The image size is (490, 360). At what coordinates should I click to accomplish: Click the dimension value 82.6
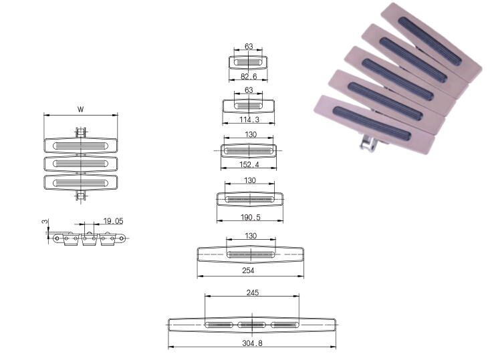(249, 77)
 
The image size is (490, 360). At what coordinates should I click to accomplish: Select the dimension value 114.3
(249, 120)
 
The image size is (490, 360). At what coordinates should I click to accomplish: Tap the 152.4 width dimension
(249, 164)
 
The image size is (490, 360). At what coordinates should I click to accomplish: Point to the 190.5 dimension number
(250, 217)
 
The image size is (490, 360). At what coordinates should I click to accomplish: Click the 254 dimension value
(248, 271)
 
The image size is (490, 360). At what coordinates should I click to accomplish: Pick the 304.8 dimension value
(252, 343)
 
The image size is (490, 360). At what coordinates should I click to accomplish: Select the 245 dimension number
(253, 293)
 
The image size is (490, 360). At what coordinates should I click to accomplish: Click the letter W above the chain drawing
(81, 110)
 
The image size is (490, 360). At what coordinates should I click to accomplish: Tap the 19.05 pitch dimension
(113, 221)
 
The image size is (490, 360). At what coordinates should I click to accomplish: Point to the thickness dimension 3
(45, 221)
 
